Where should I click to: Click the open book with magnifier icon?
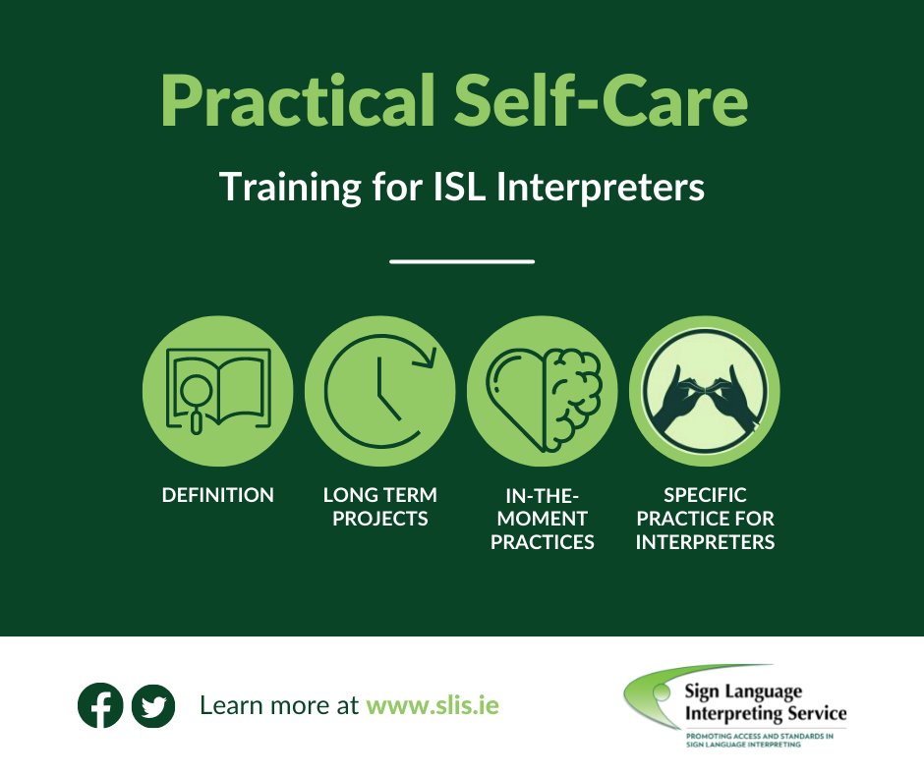click(217, 391)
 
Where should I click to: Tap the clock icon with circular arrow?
click(379, 391)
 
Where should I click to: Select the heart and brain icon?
click(542, 391)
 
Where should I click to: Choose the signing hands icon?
click(704, 391)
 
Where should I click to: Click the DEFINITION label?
click(217, 495)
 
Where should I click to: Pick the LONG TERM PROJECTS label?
click(379, 507)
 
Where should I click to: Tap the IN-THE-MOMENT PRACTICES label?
click(542, 519)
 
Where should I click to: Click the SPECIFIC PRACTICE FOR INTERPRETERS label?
click(705, 519)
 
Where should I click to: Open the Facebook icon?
click(100, 705)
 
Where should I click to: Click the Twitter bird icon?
click(152, 705)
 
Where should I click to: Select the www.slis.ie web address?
click(433, 705)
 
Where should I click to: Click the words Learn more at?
click(279, 705)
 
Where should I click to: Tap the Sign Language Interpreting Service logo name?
click(764, 703)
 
